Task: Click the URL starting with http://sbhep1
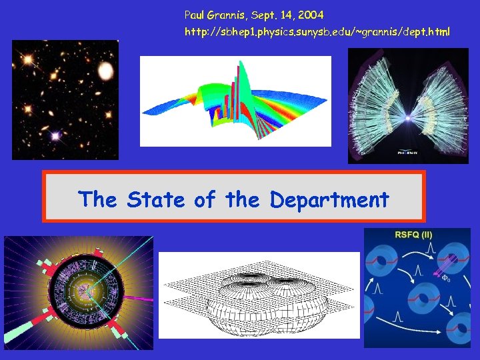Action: [317, 31]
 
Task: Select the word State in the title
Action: [156, 199]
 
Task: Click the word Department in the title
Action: [329, 199]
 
